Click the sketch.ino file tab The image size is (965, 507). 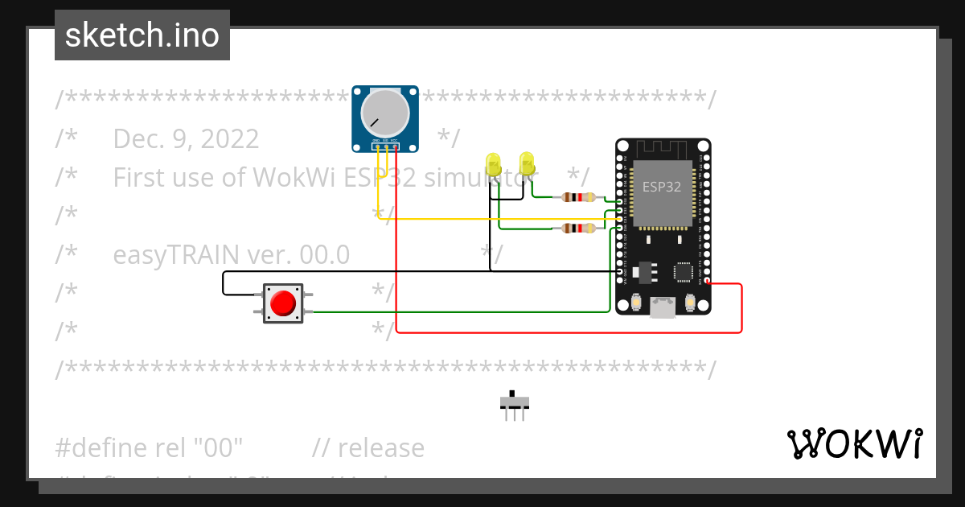(x=142, y=35)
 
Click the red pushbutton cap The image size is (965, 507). (x=282, y=303)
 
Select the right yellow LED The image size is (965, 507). (x=527, y=163)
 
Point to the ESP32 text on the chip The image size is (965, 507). (x=662, y=187)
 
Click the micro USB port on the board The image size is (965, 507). (x=663, y=307)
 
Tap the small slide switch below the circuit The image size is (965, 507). (x=515, y=402)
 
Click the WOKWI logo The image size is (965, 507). (x=853, y=443)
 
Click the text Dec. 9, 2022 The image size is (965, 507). (x=186, y=139)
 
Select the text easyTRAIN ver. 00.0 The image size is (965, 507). (x=231, y=254)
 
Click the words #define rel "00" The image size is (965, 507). (x=149, y=447)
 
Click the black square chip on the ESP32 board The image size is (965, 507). (x=684, y=271)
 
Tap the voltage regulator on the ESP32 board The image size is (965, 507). (x=644, y=272)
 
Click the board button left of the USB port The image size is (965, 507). (x=636, y=303)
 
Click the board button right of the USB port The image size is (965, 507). (x=689, y=303)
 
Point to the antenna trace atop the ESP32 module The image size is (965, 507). (x=663, y=149)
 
